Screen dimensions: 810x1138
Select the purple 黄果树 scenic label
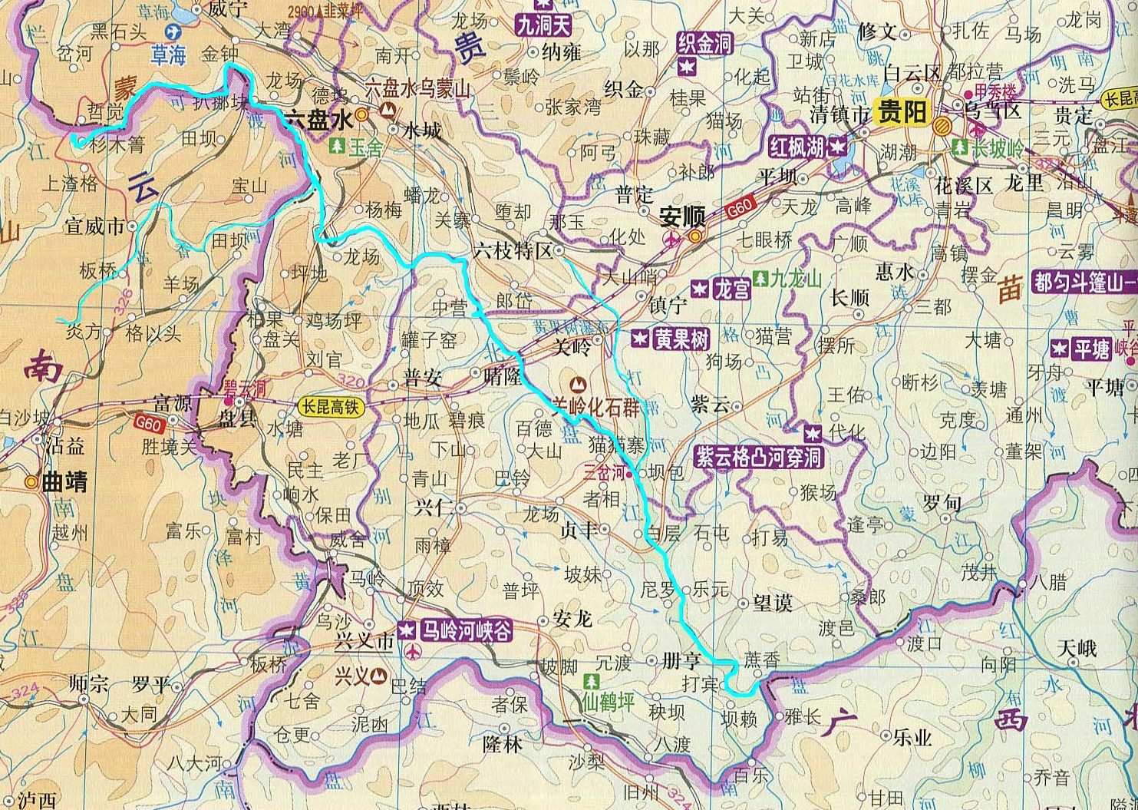click(x=681, y=339)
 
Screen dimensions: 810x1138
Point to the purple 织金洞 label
click(x=704, y=44)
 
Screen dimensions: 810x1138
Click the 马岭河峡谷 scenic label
click(x=464, y=630)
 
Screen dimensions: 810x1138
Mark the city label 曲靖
click(x=64, y=482)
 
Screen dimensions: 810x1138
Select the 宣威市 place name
click(x=94, y=226)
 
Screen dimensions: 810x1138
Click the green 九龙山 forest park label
click(x=796, y=278)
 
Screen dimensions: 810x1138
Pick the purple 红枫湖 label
click(x=799, y=147)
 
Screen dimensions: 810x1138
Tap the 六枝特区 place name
click(x=512, y=251)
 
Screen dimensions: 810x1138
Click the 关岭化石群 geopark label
click(x=595, y=407)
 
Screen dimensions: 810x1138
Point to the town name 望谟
click(x=772, y=603)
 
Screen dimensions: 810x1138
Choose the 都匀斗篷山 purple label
click(x=1084, y=282)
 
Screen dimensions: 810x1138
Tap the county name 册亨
click(x=681, y=660)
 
